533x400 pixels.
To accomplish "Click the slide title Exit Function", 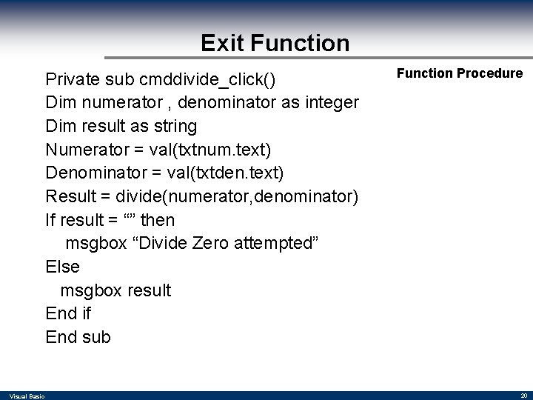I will (275, 43).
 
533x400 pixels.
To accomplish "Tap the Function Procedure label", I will (460, 73).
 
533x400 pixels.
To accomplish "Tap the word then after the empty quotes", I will (158, 220).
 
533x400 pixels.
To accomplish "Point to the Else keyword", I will (62, 267).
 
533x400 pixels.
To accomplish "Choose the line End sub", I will (78, 337).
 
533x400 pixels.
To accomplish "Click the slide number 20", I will (523, 396).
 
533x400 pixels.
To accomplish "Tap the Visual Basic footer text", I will (27, 396).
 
